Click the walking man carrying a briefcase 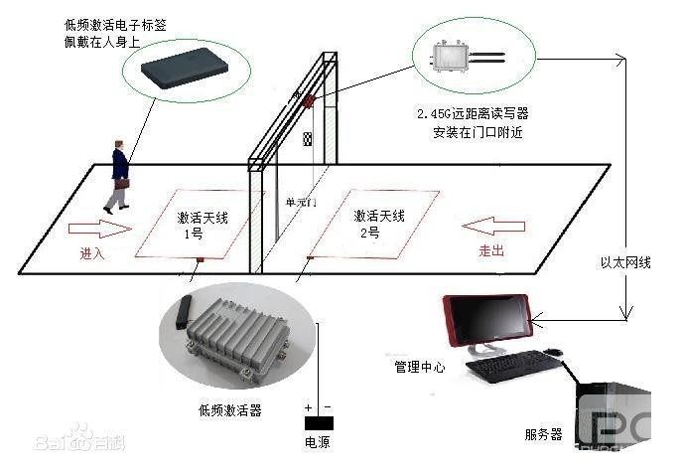click(119, 177)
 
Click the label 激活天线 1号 click(196, 225)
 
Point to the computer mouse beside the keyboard click(553, 353)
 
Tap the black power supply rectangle click(319, 423)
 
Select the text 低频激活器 click(230, 409)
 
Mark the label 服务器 click(543, 434)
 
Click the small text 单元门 click(301, 203)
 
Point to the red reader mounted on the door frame click(309, 100)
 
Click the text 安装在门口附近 click(473, 132)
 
